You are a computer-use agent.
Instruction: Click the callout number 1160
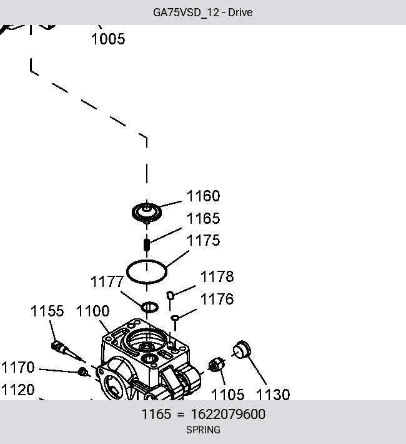click(203, 196)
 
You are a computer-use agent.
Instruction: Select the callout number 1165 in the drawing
click(203, 218)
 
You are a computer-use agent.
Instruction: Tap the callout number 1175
click(203, 240)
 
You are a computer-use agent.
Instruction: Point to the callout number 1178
click(217, 276)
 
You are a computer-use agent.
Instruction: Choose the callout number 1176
click(217, 299)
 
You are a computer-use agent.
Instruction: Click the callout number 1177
click(107, 282)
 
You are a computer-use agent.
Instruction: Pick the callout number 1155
click(47, 311)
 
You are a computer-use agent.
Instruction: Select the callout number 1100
click(92, 311)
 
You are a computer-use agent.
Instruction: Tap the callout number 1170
click(18, 367)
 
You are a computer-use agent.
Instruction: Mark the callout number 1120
click(18, 390)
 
